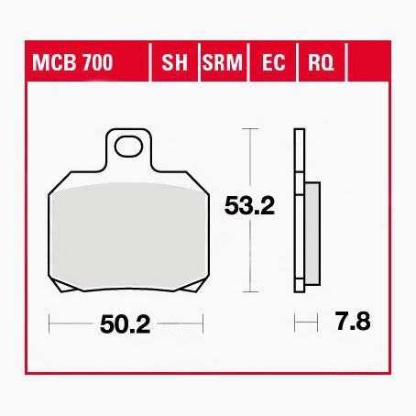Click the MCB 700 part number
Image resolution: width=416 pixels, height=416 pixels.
click(x=72, y=62)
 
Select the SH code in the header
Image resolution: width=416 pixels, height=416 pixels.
click(x=174, y=62)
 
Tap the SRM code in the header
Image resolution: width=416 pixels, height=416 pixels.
click(x=223, y=62)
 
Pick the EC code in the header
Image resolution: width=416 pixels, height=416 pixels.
click(x=273, y=62)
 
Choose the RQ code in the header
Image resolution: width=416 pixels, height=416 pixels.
click(x=321, y=63)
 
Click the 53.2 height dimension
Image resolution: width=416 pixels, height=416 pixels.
click(x=249, y=206)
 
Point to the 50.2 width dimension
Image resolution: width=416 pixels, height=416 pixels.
click(x=126, y=324)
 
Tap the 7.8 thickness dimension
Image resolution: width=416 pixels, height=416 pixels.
click(x=353, y=322)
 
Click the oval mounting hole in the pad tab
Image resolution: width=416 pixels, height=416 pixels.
click(x=128, y=147)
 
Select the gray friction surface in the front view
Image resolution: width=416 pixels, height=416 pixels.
click(x=128, y=235)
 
